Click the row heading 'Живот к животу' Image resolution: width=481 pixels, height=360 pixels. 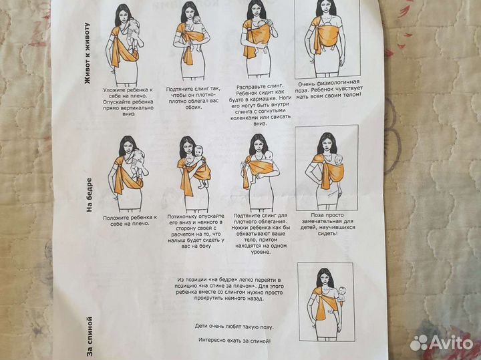88,53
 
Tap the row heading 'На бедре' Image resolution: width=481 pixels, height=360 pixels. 89,195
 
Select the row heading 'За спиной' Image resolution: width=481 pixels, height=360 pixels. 90,337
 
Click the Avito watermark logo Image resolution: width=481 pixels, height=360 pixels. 442,343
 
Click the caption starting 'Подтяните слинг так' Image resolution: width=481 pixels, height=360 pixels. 193,98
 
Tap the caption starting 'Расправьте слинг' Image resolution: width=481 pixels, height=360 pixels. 260,105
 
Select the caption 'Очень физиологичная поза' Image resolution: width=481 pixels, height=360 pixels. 329,89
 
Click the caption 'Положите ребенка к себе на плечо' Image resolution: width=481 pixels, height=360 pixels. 130,220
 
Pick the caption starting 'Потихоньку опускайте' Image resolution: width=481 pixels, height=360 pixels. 196,231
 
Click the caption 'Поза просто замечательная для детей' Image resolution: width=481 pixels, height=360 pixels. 328,224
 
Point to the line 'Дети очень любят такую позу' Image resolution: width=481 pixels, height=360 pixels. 234,327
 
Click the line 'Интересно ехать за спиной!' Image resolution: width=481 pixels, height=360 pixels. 234,340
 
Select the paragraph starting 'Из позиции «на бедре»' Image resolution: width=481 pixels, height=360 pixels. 230,289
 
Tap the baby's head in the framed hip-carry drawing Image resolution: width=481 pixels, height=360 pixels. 338,160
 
